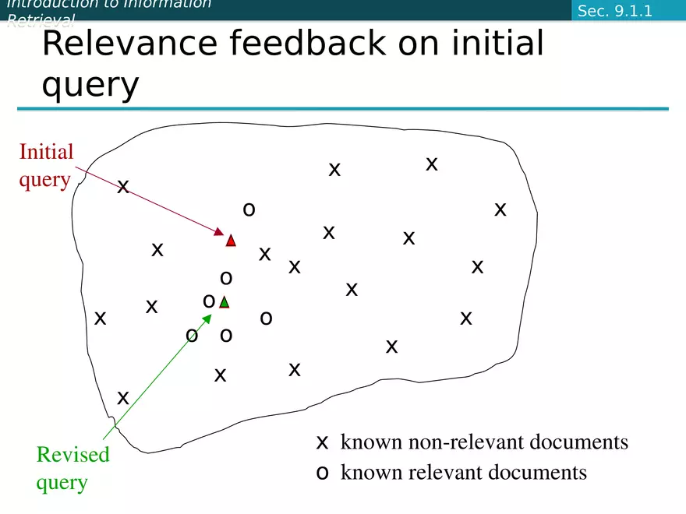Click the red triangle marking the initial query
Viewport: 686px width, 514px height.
tap(231, 241)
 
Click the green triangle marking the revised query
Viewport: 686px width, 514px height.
tap(225, 302)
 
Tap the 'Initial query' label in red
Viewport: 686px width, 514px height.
tap(46, 165)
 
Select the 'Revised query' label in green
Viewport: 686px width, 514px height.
tap(72, 468)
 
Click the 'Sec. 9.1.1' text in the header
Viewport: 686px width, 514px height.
tap(614, 11)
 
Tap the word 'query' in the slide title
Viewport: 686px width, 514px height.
tap(90, 84)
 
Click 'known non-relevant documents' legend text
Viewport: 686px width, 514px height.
tap(484, 442)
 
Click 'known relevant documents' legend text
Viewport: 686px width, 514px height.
tap(464, 472)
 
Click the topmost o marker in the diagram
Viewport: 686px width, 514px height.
tap(249, 209)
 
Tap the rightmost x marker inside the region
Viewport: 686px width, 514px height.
tap(500, 209)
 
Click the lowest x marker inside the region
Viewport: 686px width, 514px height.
tap(123, 398)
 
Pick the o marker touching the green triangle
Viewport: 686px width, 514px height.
tap(209, 301)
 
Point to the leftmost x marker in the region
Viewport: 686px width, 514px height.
tap(100, 319)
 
